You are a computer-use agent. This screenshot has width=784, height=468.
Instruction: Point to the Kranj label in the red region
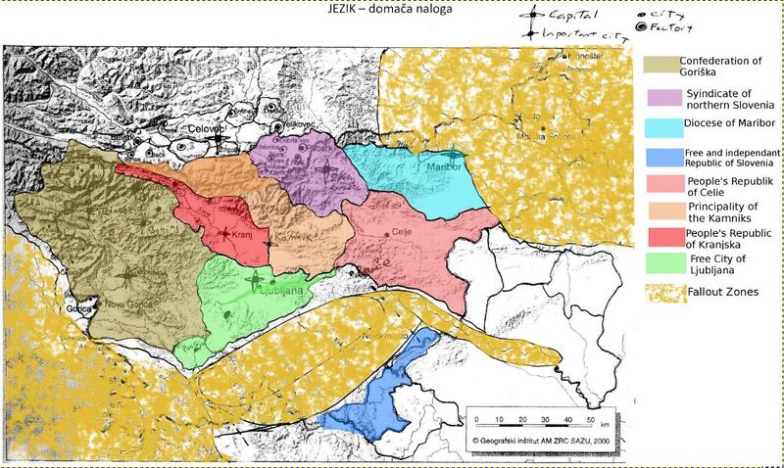click(249, 236)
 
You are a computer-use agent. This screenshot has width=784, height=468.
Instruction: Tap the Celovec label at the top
click(207, 128)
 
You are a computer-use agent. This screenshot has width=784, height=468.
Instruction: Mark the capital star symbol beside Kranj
click(225, 235)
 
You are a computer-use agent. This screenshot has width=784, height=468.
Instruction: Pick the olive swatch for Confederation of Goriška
click(660, 65)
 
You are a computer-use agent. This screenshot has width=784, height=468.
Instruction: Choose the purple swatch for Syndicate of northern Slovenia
click(660, 97)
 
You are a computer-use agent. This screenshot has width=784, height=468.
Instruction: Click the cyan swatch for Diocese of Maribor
click(660, 127)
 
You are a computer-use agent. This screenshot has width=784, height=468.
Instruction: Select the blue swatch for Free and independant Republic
click(660, 158)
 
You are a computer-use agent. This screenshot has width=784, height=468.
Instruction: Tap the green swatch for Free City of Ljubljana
click(660, 262)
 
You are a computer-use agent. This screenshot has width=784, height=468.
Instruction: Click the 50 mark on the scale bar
click(590, 419)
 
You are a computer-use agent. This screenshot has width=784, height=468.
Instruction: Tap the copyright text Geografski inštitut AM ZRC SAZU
click(542, 441)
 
